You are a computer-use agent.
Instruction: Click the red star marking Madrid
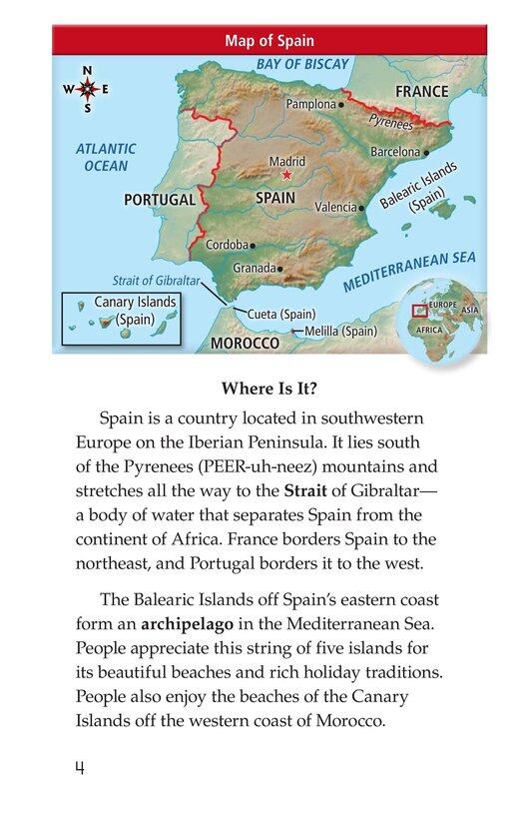287,175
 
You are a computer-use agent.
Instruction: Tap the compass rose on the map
87,90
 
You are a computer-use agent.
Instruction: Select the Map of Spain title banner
269,41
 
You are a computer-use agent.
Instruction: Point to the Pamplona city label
310,104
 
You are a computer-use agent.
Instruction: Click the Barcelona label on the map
395,152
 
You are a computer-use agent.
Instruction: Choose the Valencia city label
335,207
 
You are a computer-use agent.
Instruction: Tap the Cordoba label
227,245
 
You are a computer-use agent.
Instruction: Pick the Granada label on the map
254,269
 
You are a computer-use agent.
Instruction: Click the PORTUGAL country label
160,200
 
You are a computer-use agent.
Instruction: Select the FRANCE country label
421,91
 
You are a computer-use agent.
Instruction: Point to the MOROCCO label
245,343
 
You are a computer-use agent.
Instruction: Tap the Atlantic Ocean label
106,158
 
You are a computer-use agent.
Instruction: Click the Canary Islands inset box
122,319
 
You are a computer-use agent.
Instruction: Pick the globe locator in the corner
440,318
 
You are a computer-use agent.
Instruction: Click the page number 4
78,768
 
